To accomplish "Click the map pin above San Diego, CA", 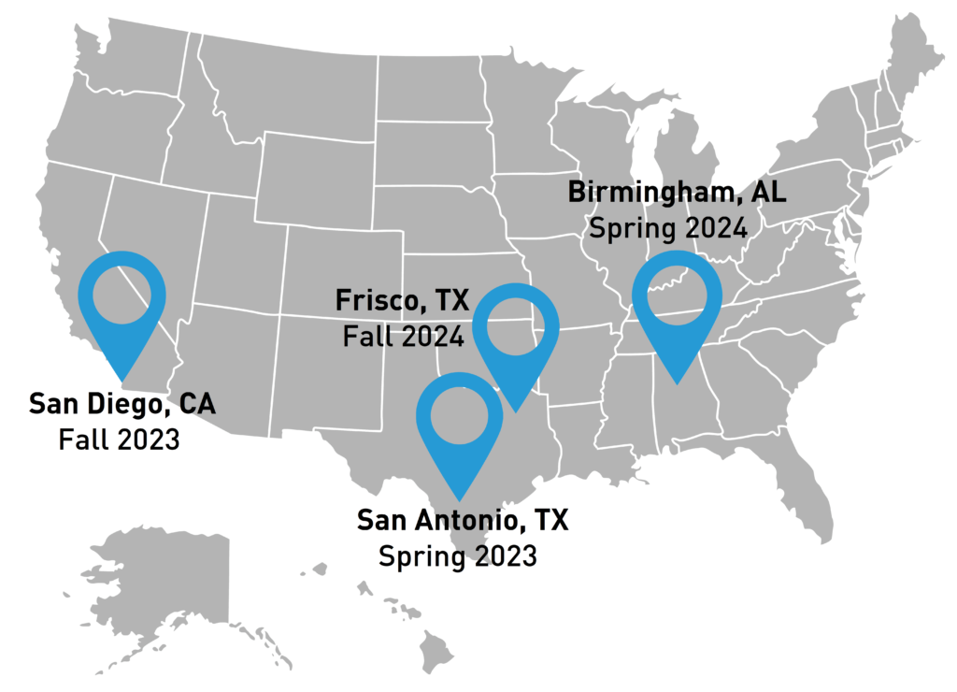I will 121,299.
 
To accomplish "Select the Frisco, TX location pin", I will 516,333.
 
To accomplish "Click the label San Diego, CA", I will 121,405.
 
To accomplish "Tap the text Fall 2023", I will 119,439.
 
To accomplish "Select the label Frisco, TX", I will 402,302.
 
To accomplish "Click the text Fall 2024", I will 403,336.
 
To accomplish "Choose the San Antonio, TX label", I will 463,521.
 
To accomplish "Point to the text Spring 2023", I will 458,555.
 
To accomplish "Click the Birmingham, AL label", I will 678,194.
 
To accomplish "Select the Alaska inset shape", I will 168,580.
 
